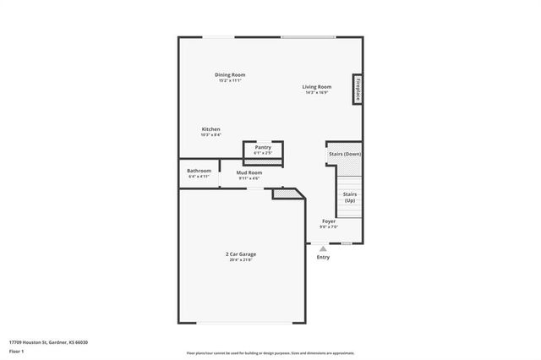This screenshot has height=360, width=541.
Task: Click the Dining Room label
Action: point(231,74)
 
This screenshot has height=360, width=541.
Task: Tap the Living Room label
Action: point(317,86)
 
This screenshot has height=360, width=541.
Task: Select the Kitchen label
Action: point(210,129)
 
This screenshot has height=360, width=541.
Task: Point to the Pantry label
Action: point(263,147)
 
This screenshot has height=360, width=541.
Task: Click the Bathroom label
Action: point(199,172)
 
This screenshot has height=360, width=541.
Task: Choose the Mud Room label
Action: point(249,172)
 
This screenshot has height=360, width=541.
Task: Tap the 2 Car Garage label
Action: point(241,254)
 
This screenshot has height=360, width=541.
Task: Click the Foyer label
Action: point(329,221)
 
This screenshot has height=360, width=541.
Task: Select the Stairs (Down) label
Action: point(345,154)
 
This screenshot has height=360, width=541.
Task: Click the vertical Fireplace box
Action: point(358,90)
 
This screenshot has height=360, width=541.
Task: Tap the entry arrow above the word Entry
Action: point(322,248)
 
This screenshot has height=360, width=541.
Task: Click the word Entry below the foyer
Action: point(323,257)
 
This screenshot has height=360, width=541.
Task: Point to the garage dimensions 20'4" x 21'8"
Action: point(241,260)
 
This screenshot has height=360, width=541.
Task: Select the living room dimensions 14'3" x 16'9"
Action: point(317,92)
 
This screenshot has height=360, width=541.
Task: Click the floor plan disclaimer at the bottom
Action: point(270,353)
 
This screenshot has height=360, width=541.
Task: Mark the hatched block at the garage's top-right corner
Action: point(288,194)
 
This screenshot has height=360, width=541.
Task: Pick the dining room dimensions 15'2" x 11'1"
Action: point(231,80)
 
